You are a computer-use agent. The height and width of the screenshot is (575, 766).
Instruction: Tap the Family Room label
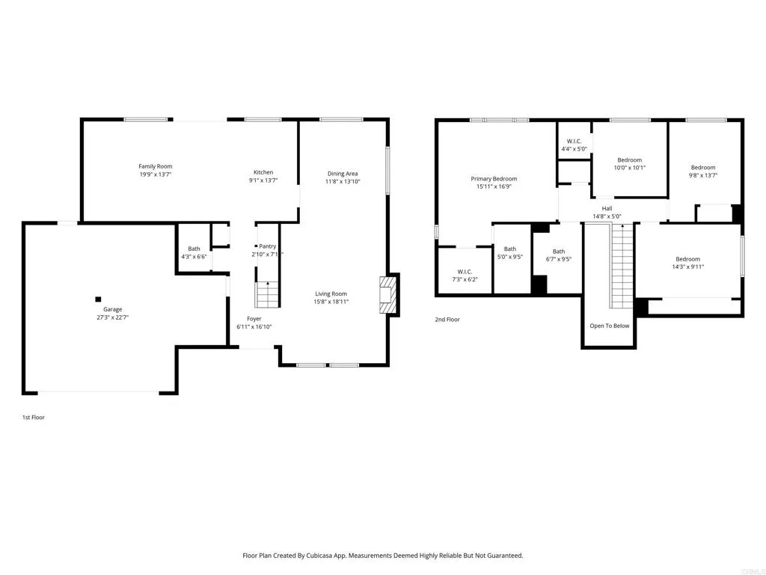[x=155, y=166]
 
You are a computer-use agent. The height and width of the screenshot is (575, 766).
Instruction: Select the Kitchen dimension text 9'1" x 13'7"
[x=263, y=180]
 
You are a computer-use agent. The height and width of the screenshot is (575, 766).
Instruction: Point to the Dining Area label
[x=342, y=174]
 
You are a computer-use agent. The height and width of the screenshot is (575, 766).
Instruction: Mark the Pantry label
[x=267, y=246]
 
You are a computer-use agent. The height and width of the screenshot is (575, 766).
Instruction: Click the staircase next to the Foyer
[x=267, y=294]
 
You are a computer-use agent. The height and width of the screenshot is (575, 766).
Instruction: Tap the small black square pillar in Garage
[x=98, y=299]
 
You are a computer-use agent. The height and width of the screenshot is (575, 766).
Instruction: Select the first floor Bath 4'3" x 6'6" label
[x=194, y=249]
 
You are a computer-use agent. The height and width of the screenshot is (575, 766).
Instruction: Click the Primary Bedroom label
[x=494, y=179]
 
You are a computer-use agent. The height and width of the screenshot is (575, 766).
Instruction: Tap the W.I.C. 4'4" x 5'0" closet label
[x=574, y=141]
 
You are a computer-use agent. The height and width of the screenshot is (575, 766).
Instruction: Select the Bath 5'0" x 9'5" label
[x=510, y=249]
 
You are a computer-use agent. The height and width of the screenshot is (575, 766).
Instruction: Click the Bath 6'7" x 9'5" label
[x=559, y=252]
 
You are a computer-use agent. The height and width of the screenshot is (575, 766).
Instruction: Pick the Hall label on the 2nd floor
[x=607, y=209]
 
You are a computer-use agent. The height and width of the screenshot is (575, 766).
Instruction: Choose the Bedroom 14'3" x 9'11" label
[x=687, y=259]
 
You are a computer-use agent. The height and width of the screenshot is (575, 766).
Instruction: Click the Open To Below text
[x=609, y=326]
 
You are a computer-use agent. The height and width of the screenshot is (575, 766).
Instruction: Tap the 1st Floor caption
[x=33, y=417]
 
